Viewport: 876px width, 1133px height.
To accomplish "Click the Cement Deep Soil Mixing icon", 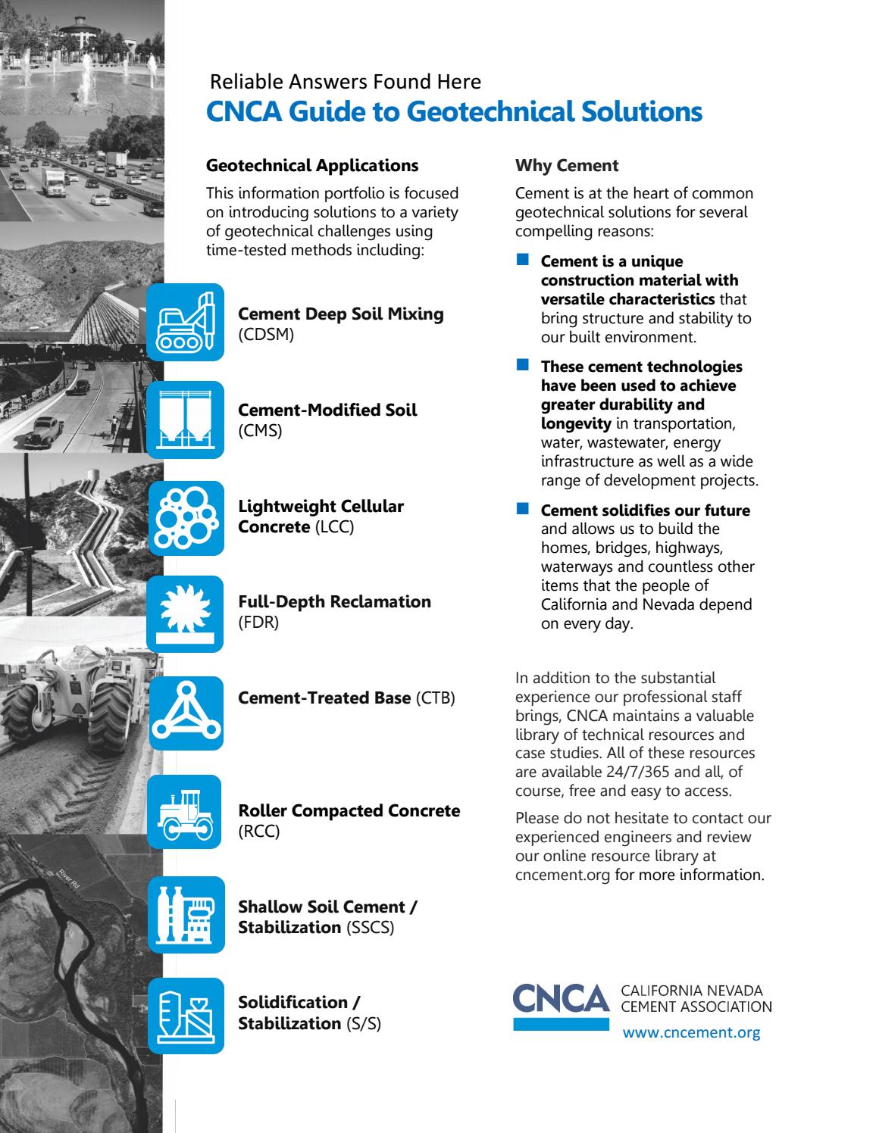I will click(186, 322).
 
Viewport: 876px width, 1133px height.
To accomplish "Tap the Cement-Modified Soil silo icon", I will click(186, 420).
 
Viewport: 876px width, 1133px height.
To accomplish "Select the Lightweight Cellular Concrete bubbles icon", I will click(186, 518).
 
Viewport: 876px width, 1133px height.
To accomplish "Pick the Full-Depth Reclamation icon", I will click(186, 613).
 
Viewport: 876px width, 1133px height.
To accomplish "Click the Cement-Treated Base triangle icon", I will click(186, 713).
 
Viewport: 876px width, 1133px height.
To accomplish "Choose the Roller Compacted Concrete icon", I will click(186, 813).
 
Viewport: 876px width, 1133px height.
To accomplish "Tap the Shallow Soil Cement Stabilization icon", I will click(186, 914).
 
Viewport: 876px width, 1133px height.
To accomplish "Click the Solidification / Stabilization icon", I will click(186, 1015).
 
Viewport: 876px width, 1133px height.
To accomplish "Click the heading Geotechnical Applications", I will click(312, 165).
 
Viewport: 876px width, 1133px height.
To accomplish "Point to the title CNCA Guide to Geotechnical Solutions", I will click(454, 112).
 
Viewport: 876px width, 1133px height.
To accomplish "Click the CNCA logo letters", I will click(561, 998).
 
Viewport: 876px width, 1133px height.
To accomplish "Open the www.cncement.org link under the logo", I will click(690, 1032).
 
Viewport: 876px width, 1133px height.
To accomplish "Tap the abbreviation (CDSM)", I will click(266, 335).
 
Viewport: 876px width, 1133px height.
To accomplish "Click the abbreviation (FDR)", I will click(258, 623).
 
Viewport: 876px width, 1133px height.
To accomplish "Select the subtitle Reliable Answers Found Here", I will click(345, 81).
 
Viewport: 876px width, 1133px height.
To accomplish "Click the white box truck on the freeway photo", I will click(55, 182).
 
